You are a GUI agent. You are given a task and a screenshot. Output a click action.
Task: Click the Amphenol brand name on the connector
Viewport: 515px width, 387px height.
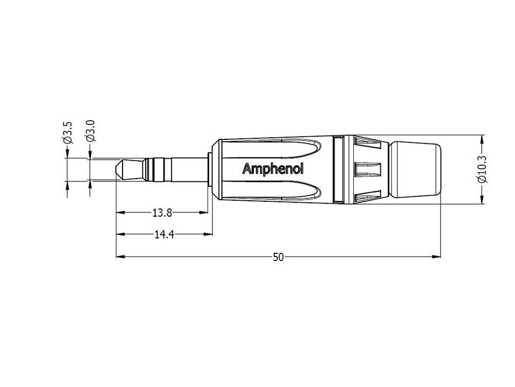point(273,169)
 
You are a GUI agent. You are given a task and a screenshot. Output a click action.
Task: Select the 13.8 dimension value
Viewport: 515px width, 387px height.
point(162,213)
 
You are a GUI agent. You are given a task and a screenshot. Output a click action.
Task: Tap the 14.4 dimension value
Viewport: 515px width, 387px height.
point(164,234)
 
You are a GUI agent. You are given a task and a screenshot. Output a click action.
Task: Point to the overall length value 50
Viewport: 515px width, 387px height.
point(278,257)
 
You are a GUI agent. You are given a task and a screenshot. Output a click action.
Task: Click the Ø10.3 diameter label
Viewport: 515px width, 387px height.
point(482,169)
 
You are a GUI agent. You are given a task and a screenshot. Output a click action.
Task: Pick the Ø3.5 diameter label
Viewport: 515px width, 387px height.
point(67,133)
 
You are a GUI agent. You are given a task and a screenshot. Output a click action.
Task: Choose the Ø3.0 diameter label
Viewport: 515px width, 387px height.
point(91,131)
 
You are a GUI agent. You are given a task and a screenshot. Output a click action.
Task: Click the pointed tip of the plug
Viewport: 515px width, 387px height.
point(116,169)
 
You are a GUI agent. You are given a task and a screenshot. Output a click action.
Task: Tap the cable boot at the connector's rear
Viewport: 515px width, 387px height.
point(416,169)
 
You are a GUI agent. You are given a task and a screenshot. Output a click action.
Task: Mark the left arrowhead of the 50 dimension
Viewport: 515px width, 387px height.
point(120,257)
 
